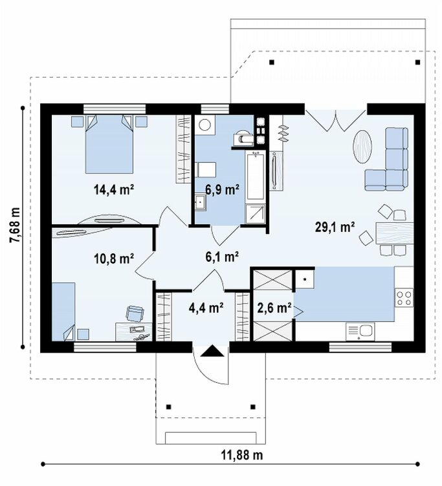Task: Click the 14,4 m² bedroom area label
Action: (x=114, y=189)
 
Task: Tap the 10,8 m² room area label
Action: (x=114, y=258)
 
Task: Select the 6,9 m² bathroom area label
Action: (x=223, y=189)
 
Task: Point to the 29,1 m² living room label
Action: (x=335, y=227)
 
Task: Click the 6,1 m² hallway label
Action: (x=222, y=257)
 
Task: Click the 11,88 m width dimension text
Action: (x=242, y=456)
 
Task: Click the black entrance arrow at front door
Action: (x=212, y=351)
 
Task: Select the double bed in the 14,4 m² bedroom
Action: (x=109, y=144)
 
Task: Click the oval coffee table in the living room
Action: (x=362, y=146)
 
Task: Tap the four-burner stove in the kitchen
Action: (x=404, y=297)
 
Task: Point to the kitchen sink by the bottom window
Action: (x=360, y=332)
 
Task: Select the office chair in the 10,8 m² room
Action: (x=135, y=313)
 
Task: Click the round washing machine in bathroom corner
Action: (x=204, y=125)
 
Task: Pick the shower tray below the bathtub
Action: (x=256, y=214)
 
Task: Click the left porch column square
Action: (x=169, y=407)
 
